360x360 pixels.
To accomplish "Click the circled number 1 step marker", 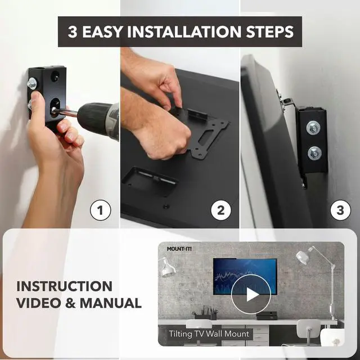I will pos(101,211).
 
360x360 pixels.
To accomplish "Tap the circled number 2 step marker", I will pos(221,211).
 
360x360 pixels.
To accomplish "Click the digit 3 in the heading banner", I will pos(73,31).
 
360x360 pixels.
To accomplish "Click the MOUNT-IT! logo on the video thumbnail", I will pos(178,248).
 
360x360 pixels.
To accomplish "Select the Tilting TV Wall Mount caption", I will pos(209,334).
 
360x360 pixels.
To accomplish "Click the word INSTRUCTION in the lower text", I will pos(64,286).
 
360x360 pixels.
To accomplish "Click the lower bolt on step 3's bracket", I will pos(314,152).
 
